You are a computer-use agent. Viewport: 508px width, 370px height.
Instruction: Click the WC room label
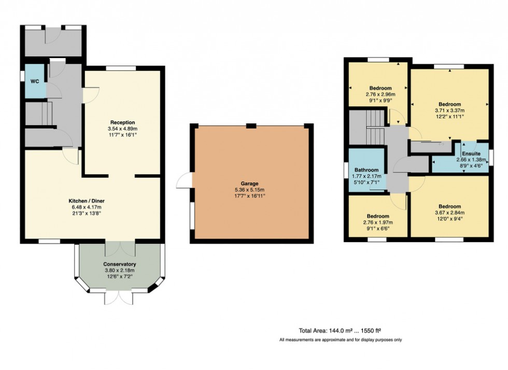(x=34, y=81)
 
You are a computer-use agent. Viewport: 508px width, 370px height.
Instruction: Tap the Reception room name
(x=122, y=123)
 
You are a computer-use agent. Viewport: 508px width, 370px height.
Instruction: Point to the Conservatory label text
(x=119, y=264)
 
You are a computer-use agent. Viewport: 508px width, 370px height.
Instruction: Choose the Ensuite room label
(x=472, y=154)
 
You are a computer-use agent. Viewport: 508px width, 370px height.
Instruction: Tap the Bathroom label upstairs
(x=366, y=170)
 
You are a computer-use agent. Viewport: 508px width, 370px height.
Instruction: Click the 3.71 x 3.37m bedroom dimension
(x=449, y=110)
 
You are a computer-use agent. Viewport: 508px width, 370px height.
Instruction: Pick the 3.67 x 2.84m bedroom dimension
(x=449, y=212)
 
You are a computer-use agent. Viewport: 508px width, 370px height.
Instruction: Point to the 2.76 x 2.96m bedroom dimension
(x=380, y=94)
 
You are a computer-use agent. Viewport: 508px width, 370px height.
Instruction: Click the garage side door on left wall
(x=185, y=181)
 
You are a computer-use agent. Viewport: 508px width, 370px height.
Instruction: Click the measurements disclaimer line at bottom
(x=341, y=340)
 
